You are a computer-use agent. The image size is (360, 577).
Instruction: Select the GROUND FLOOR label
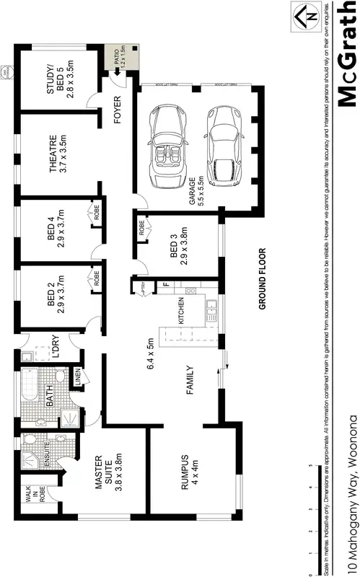pos(263,279)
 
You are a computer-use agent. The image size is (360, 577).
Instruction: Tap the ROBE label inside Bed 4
pos(95,213)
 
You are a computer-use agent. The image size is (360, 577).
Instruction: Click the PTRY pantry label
pos(143,289)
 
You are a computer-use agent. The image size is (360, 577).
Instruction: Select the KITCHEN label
pos(183,314)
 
